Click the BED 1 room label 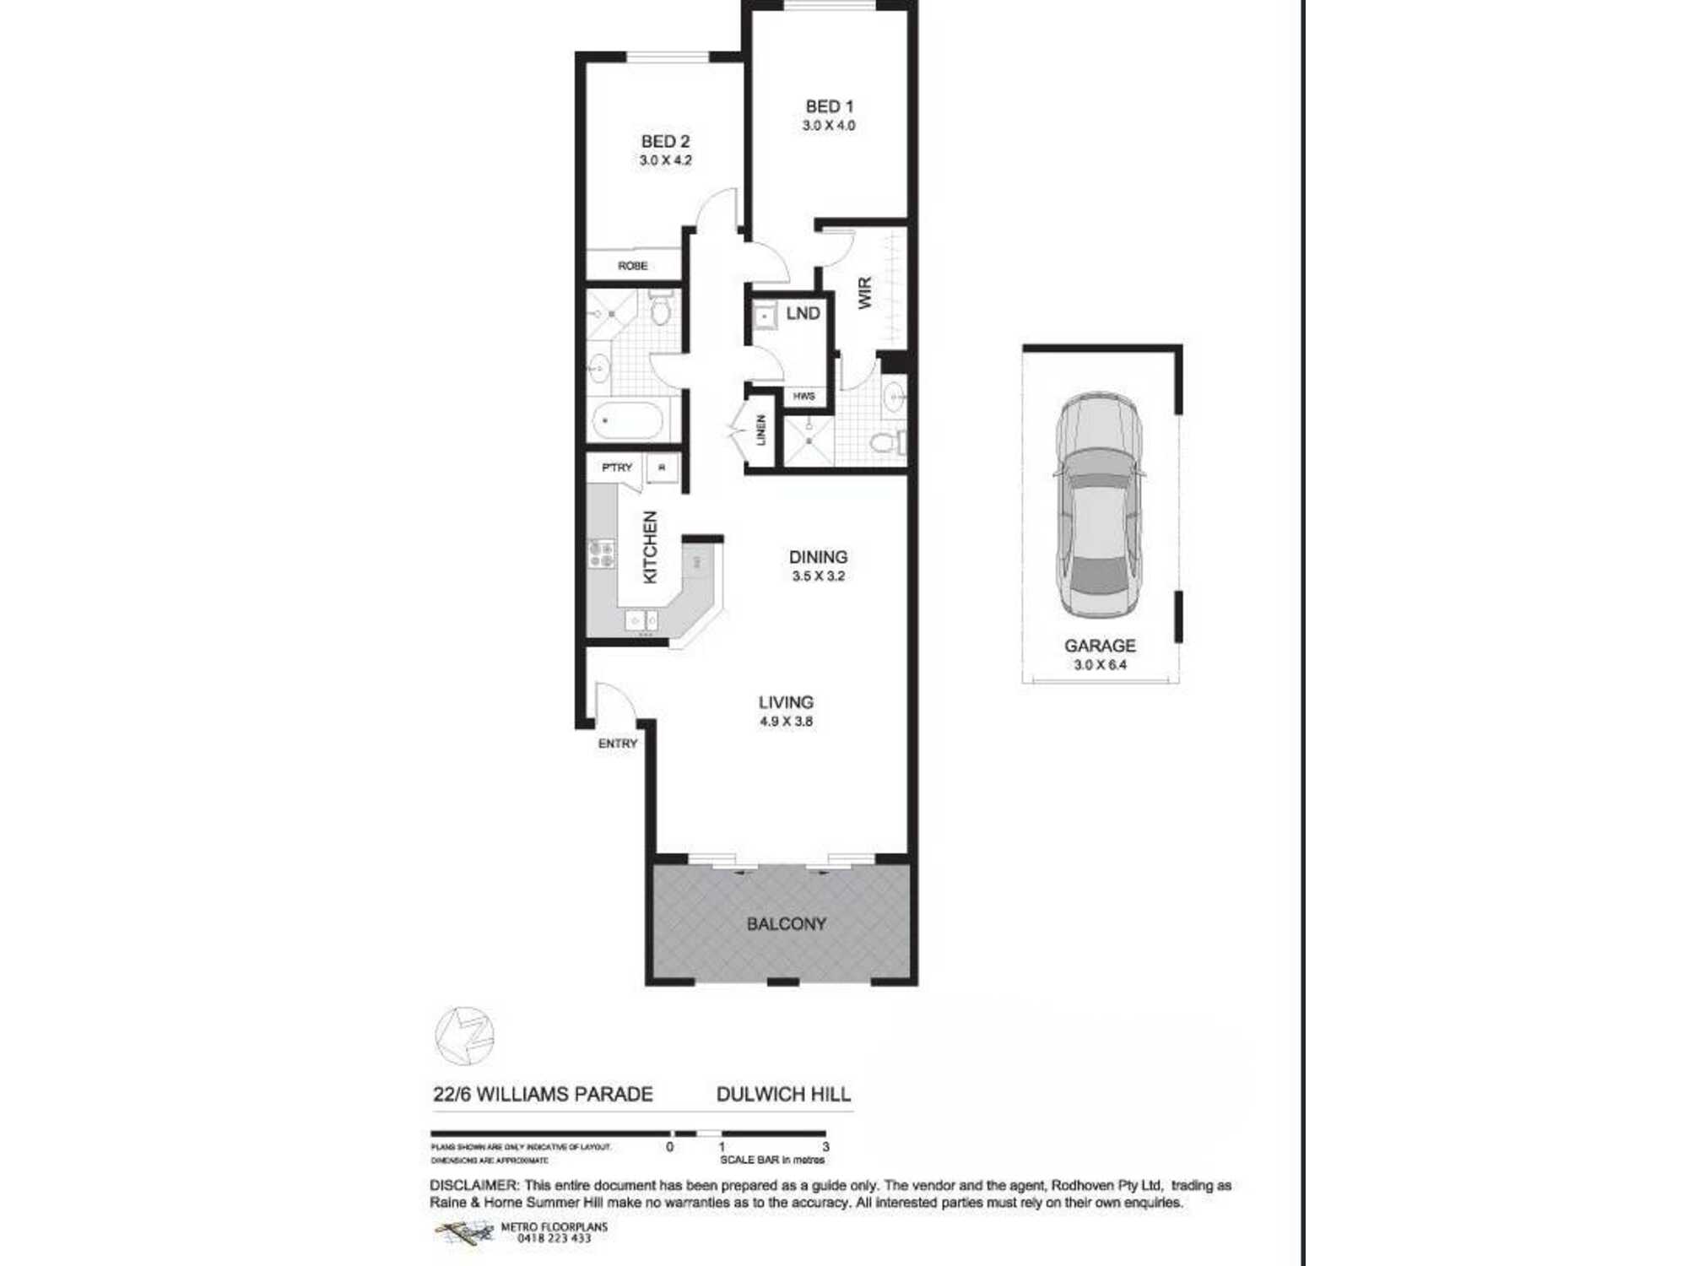(x=829, y=106)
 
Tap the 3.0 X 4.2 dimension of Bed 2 (x=665, y=160)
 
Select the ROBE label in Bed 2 (x=632, y=266)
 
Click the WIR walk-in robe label (x=865, y=293)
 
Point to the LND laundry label (x=802, y=314)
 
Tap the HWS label (x=803, y=396)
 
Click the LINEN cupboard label (x=761, y=430)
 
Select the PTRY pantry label (x=617, y=468)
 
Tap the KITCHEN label (x=650, y=547)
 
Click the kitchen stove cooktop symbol (x=602, y=555)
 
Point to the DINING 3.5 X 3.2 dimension (x=818, y=576)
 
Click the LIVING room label (x=785, y=702)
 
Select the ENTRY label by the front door (x=617, y=744)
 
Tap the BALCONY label (x=786, y=924)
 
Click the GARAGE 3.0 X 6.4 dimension (x=1100, y=665)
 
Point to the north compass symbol (x=464, y=1036)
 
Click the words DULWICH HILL (x=783, y=1095)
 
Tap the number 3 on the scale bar (x=825, y=1147)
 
